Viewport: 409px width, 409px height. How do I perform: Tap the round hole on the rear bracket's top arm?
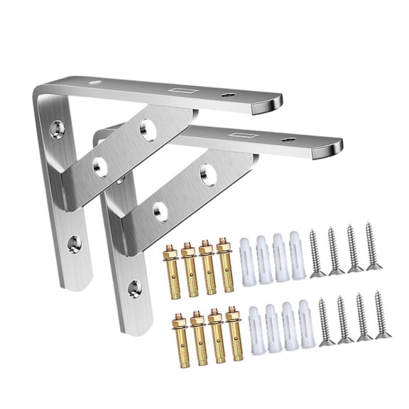click(227, 94)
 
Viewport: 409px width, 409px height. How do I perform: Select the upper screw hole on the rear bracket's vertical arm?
click(55, 129)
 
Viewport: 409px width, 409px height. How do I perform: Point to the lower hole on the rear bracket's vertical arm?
click(74, 244)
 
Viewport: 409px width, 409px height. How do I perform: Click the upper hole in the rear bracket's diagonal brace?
click(147, 129)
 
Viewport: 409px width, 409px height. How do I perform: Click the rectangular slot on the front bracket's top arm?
click(237, 136)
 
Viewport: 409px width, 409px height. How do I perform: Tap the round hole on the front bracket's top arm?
click(287, 139)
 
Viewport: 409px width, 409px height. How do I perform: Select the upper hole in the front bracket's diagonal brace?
click(207, 171)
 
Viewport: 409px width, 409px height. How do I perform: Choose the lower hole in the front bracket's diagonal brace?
click(160, 209)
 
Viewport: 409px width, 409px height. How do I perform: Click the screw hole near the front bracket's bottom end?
click(133, 287)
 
